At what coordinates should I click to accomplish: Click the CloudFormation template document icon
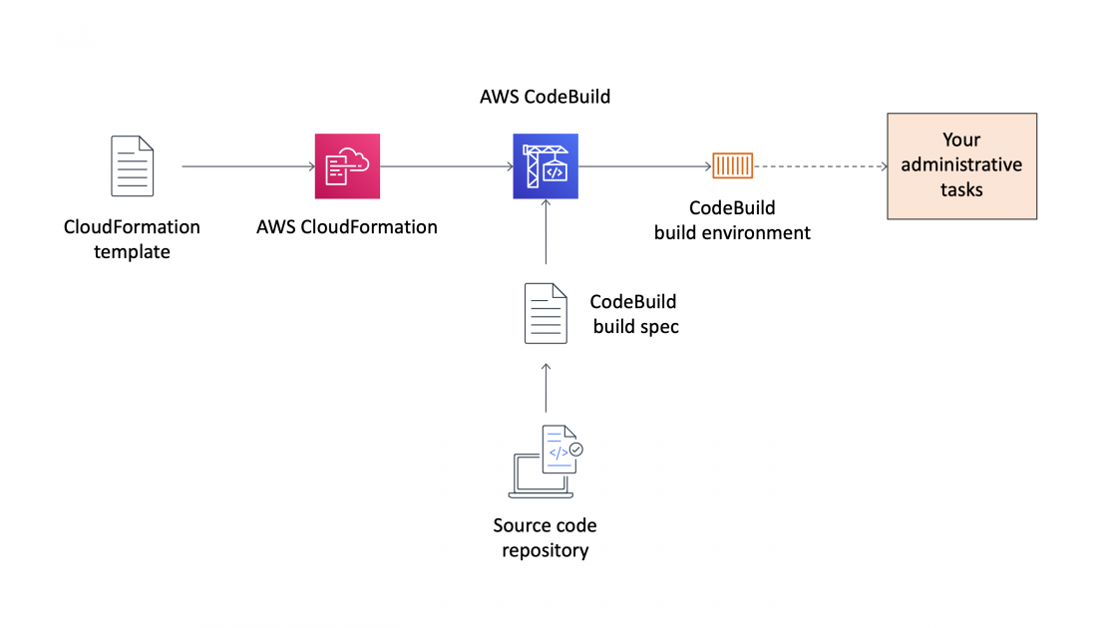click(x=132, y=166)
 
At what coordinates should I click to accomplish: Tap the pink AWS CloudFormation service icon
click(x=347, y=166)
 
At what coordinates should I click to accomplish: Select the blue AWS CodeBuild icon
click(x=546, y=166)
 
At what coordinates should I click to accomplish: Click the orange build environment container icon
click(x=732, y=166)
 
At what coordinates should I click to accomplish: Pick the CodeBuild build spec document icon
click(x=546, y=313)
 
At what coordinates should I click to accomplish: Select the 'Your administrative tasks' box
click(x=961, y=165)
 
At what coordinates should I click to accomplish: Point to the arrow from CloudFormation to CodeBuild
click(x=446, y=166)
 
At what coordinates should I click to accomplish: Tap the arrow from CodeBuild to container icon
click(x=643, y=166)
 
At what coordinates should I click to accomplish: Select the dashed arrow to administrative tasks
click(x=821, y=166)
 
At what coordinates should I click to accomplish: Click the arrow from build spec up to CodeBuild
click(x=546, y=233)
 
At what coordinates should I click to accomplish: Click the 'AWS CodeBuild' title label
click(x=545, y=97)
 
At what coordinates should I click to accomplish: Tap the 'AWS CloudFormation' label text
click(x=347, y=227)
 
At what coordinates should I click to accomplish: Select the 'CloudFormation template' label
click(x=132, y=239)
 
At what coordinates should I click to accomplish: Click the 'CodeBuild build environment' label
click(x=732, y=220)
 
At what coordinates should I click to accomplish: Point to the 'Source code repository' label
click(x=545, y=537)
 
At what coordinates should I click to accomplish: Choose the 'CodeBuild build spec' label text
click(x=634, y=314)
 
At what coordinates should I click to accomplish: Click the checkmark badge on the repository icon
click(x=575, y=450)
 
